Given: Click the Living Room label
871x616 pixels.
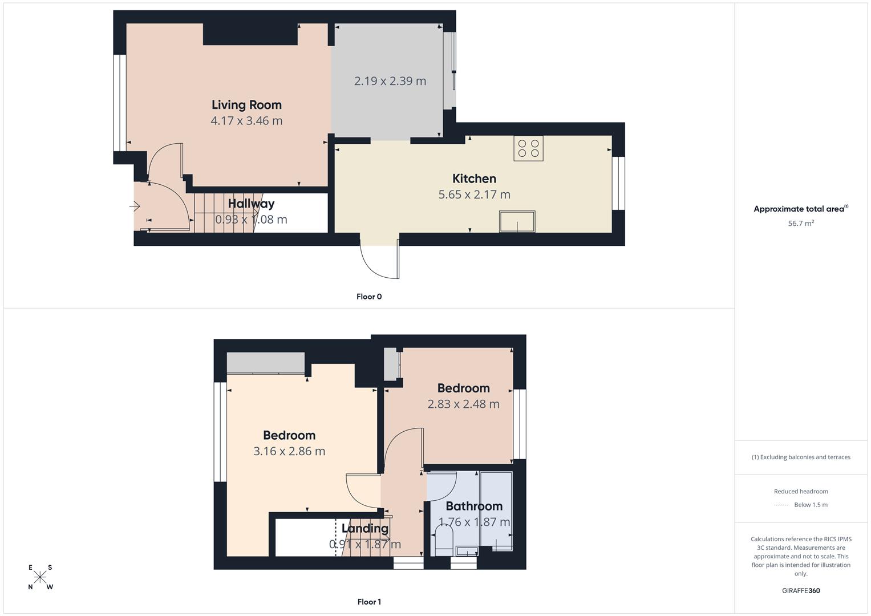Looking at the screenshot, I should pyautogui.click(x=246, y=105).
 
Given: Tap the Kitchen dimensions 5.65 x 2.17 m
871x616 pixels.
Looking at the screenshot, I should pyautogui.click(x=474, y=194).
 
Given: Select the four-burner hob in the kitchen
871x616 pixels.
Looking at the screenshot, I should pyautogui.click(x=528, y=148).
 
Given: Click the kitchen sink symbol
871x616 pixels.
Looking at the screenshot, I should pyautogui.click(x=517, y=221).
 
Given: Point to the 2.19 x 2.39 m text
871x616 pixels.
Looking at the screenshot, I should pyautogui.click(x=390, y=81).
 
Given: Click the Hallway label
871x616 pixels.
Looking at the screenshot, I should pyautogui.click(x=251, y=204).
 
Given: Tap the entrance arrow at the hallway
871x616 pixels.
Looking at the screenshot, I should pyautogui.click(x=135, y=206).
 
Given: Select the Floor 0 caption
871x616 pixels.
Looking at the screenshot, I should pyautogui.click(x=368, y=297).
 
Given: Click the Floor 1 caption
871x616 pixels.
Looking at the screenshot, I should pyautogui.click(x=368, y=602).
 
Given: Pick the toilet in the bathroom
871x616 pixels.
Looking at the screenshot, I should pyautogui.click(x=443, y=539).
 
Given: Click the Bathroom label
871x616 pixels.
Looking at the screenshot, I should pyautogui.click(x=473, y=506).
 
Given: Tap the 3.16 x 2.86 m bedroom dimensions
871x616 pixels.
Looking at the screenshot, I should pyautogui.click(x=289, y=451).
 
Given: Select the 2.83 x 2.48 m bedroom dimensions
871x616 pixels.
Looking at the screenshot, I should pyautogui.click(x=463, y=404).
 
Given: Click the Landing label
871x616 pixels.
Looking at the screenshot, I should pyautogui.click(x=364, y=528).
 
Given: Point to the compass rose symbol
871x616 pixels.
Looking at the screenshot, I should pyautogui.click(x=40, y=577).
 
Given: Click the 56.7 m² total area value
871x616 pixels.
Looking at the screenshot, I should pyautogui.click(x=801, y=224).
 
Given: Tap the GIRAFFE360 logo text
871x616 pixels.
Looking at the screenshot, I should pyautogui.click(x=801, y=590).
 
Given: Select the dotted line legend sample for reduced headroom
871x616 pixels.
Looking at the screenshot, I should pyautogui.click(x=782, y=505).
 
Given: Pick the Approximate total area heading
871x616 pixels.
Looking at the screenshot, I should pyautogui.click(x=800, y=209).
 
